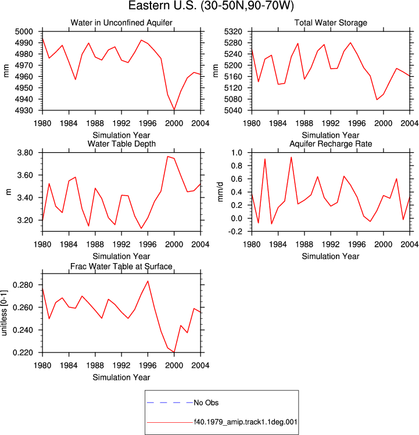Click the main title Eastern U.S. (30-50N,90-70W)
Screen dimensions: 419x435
pyautogui.click(x=211, y=6)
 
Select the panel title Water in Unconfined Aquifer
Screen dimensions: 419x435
pyautogui.click(x=121, y=23)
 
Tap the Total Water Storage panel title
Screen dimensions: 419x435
pyautogui.click(x=331, y=23)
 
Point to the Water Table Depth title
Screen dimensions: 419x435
pyautogui.click(x=121, y=143)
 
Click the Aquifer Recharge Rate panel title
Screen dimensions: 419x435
pyautogui.click(x=331, y=143)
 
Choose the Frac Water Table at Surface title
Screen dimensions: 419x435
pyautogui.click(x=121, y=267)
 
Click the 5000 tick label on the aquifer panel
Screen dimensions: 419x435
pyautogui.click(x=24, y=31)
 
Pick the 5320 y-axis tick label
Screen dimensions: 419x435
pyautogui.click(x=233, y=31)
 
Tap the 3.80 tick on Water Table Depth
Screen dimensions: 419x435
pyautogui.click(x=25, y=153)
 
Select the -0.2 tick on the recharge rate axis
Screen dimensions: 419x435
pyautogui.click(x=235, y=232)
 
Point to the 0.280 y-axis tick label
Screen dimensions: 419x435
pyautogui.click(x=23, y=285)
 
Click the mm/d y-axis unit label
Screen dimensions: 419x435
pyautogui.click(x=220, y=192)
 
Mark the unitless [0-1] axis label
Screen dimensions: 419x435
pyautogui.click(x=4, y=313)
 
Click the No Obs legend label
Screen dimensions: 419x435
pyautogui.click(x=206, y=402)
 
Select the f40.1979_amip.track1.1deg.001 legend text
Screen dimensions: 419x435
pyautogui.click(x=245, y=422)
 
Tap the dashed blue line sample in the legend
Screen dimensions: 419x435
pyautogui.click(x=170, y=402)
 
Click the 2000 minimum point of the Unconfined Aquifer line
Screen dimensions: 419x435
pyautogui.click(x=174, y=110)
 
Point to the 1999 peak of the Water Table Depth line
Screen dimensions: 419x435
pyautogui.click(x=167, y=156)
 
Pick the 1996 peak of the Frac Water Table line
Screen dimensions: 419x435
pyautogui.click(x=148, y=281)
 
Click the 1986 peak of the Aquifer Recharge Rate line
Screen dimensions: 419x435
pyautogui.click(x=291, y=157)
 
